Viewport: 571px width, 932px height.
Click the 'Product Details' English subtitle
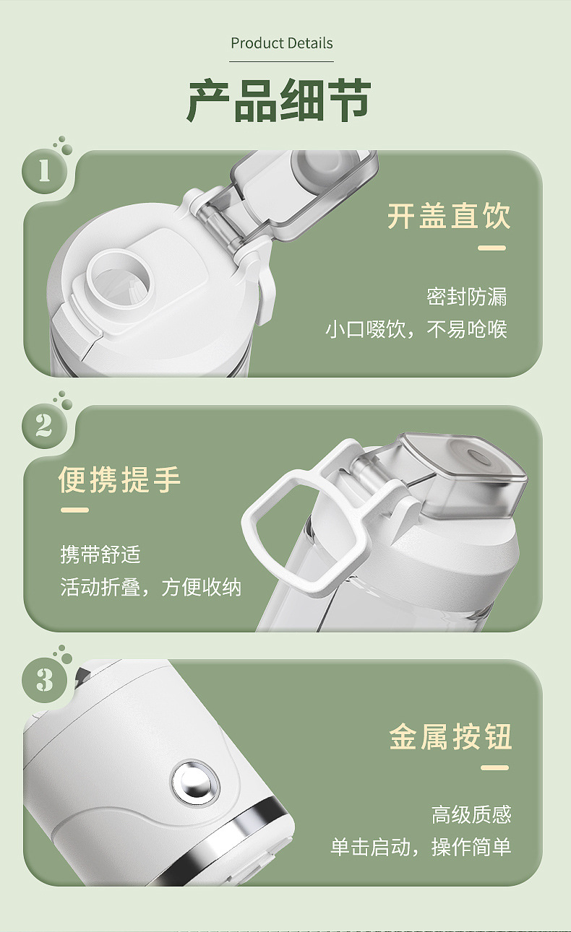282,43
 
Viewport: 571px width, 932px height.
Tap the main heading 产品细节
280,101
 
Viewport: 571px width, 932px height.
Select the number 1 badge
44,172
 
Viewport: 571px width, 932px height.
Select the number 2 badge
44,426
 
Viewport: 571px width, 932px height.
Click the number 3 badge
44,680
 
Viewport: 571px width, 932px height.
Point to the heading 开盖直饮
448,217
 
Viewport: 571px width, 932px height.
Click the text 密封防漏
466,297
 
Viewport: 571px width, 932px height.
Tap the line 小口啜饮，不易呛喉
416,330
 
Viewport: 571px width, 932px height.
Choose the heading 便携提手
120,479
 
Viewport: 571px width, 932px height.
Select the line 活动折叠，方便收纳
150,587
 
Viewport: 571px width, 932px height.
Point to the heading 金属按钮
450,737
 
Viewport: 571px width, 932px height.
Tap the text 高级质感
471,815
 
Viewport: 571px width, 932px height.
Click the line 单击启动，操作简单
421,847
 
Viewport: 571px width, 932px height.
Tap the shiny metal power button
195,781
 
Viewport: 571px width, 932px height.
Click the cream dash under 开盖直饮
492,248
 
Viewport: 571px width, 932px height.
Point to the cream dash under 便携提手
74,510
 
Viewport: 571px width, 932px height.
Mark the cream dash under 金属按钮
495,767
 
